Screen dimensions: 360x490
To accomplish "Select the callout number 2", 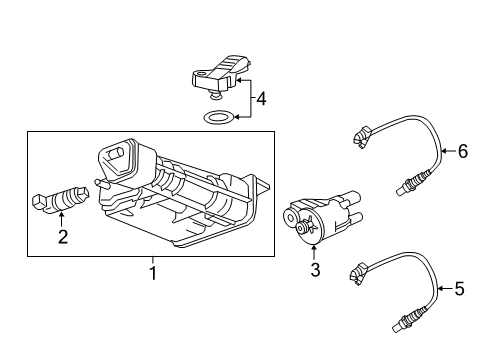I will click(62, 236).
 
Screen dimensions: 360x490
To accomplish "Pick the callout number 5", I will click(459, 289).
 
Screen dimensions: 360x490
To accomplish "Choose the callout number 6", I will click(462, 152).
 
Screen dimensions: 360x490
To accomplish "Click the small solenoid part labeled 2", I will click(61, 200).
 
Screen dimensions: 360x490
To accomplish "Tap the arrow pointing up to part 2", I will click(62, 220).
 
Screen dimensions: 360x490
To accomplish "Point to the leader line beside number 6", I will click(445, 152).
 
